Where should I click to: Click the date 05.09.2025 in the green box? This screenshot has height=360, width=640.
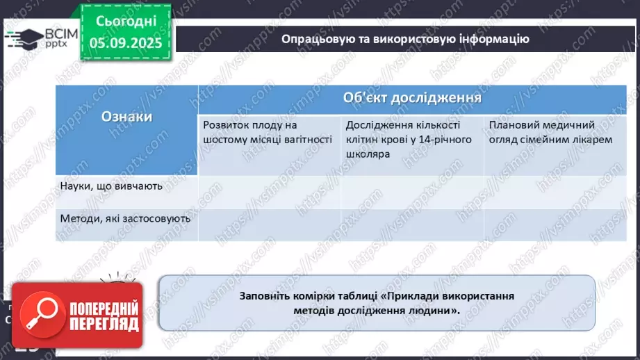point(127,43)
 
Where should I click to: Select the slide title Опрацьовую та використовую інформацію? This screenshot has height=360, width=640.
point(405,39)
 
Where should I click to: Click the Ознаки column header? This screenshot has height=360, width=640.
point(126,117)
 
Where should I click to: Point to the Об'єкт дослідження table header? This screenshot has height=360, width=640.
point(412,98)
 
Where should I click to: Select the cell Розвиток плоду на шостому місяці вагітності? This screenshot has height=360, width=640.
point(268,132)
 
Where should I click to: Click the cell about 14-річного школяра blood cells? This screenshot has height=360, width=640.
point(411,139)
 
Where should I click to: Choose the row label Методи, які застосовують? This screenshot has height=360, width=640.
point(126,218)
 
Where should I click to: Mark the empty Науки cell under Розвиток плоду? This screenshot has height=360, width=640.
point(270,192)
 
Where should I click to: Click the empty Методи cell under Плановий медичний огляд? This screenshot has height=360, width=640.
point(553,224)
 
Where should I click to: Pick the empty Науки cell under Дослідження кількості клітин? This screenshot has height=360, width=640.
point(412,192)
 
